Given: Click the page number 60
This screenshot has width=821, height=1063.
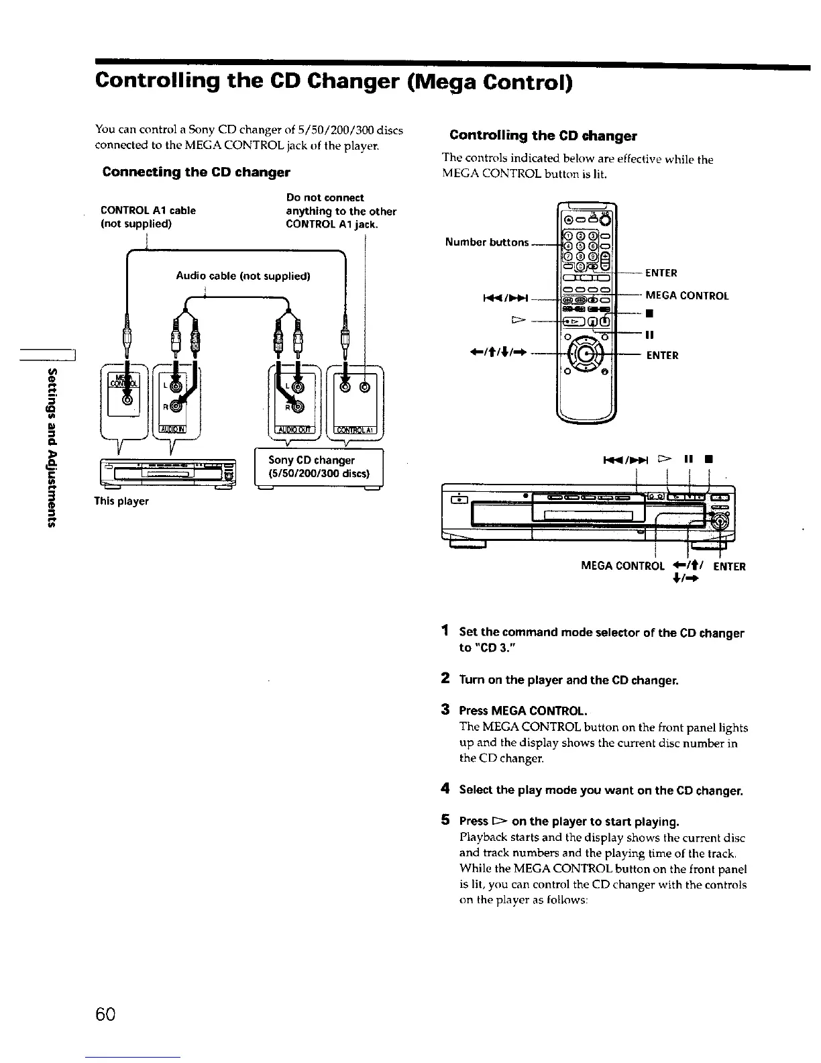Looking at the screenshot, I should pyautogui.click(x=106, y=1013).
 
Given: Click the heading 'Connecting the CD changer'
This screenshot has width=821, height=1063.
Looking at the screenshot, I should pyautogui.click(x=196, y=172).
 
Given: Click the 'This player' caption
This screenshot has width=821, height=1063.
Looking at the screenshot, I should pyautogui.click(x=121, y=501).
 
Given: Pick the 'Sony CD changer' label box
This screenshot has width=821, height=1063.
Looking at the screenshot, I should pyautogui.click(x=319, y=467).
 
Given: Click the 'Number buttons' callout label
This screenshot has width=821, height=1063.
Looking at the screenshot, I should pyautogui.click(x=487, y=242).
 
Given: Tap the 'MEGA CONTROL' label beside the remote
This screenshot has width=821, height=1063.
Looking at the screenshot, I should pyautogui.click(x=687, y=296).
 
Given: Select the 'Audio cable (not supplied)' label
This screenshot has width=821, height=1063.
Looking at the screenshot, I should pyautogui.click(x=243, y=276).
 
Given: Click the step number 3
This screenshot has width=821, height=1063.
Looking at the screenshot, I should pyautogui.click(x=445, y=709).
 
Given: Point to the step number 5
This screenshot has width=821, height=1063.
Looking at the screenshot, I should pyautogui.click(x=445, y=820).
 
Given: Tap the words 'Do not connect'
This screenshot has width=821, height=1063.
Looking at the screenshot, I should pyautogui.click(x=325, y=197).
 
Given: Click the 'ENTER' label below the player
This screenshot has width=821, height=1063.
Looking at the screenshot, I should pyautogui.click(x=729, y=566).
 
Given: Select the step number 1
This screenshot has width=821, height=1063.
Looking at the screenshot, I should pyautogui.click(x=445, y=631).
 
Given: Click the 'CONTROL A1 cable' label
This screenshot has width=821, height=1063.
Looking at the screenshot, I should pyautogui.click(x=148, y=211).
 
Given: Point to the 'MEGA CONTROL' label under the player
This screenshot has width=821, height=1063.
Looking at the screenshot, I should pyautogui.click(x=622, y=566).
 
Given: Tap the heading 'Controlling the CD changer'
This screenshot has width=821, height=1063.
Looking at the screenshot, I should pyautogui.click(x=543, y=136).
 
